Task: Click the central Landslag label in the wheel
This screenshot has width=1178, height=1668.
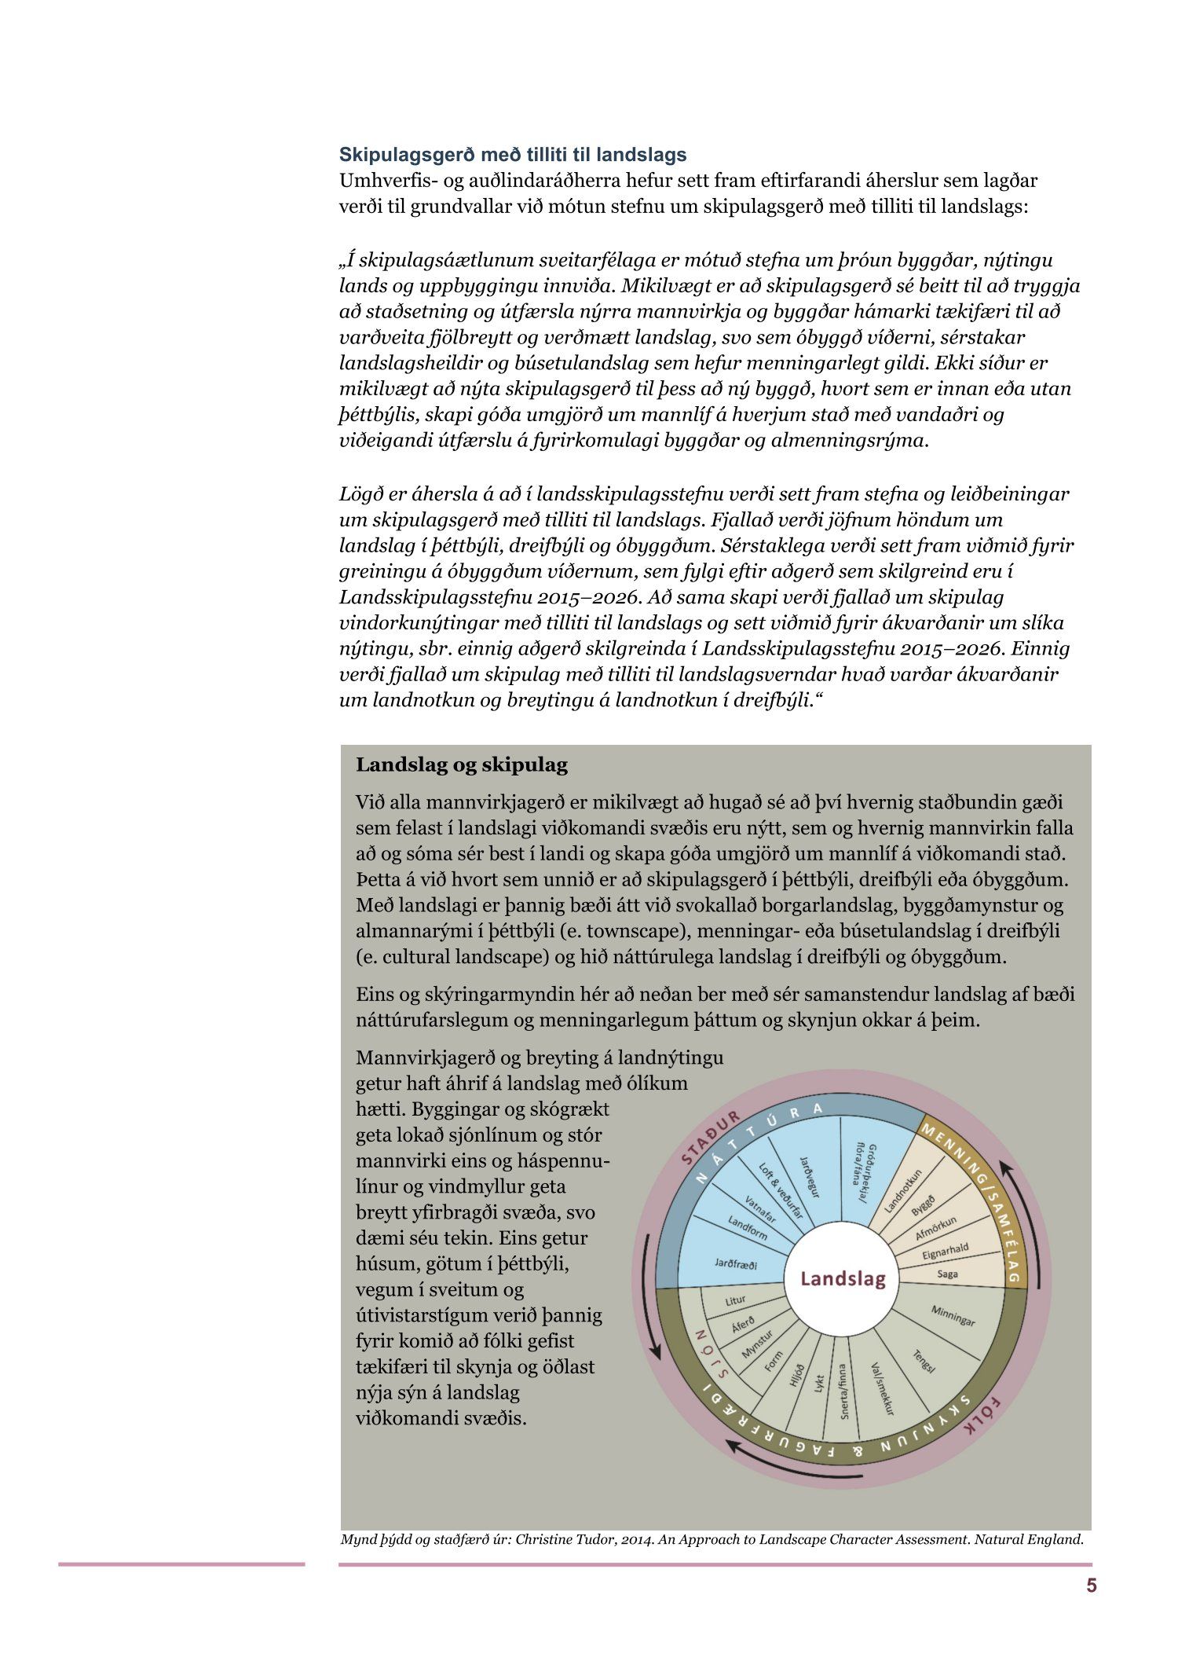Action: pyautogui.click(x=842, y=1278)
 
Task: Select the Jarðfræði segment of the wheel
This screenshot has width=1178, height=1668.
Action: pyautogui.click(x=735, y=1264)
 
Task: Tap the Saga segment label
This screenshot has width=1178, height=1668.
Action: pyautogui.click(x=947, y=1274)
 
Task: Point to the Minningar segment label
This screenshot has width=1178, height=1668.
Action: pyautogui.click(x=953, y=1315)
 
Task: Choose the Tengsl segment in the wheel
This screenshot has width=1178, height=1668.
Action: pyautogui.click(x=924, y=1361)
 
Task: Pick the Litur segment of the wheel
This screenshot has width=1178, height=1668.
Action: pyautogui.click(x=735, y=1301)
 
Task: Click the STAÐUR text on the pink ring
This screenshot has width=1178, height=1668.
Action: pyautogui.click(x=710, y=1138)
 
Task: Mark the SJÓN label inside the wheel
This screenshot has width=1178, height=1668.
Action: pyautogui.click(x=712, y=1354)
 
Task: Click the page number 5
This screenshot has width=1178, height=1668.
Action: pyautogui.click(x=1091, y=1586)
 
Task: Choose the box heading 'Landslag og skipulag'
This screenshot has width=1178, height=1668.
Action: pyautogui.click(x=461, y=765)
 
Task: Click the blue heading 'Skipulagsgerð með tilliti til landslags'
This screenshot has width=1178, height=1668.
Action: pyautogui.click(x=512, y=155)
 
